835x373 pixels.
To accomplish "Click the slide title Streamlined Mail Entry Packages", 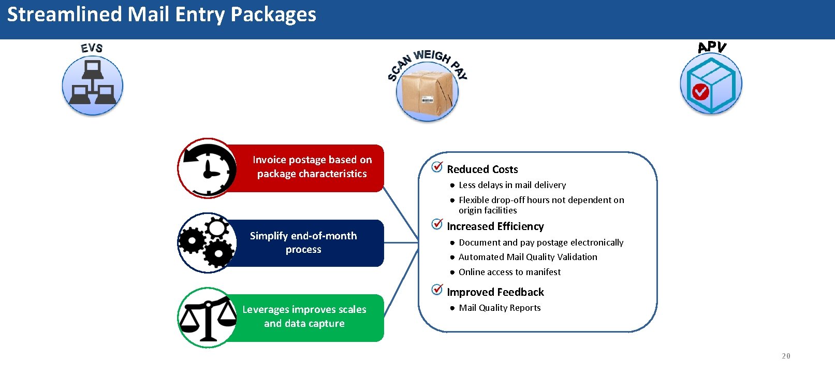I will pyautogui.click(x=162, y=15).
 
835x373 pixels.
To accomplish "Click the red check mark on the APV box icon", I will pyautogui.click(x=700, y=92).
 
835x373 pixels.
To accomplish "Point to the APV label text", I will pyautogui.click(x=712, y=47).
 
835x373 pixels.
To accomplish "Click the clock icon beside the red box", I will pyautogui.click(x=208, y=168).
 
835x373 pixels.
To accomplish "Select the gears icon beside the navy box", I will pyautogui.click(x=207, y=242).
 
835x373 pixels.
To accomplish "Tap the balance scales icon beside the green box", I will pyautogui.click(x=208, y=318).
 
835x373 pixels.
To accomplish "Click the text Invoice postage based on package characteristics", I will pyautogui.click(x=312, y=167).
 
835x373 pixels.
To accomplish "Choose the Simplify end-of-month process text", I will pyautogui.click(x=303, y=242).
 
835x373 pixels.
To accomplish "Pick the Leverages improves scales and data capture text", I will pyautogui.click(x=304, y=317).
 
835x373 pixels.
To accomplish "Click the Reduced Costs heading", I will pyautogui.click(x=482, y=169).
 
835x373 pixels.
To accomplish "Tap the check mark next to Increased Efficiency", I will pyautogui.click(x=437, y=224).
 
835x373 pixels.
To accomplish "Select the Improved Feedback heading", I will pyautogui.click(x=495, y=292).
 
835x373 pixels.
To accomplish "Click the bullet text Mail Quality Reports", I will pyautogui.click(x=500, y=308).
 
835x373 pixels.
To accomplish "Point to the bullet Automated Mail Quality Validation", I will pyautogui.click(x=528, y=257).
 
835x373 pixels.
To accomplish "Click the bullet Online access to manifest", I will pyautogui.click(x=509, y=272).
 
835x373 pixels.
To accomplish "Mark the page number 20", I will pyautogui.click(x=786, y=356).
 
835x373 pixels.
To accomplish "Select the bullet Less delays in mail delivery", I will pyautogui.click(x=512, y=185).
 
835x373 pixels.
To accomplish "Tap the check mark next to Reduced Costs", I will pyautogui.click(x=437, y=167).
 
